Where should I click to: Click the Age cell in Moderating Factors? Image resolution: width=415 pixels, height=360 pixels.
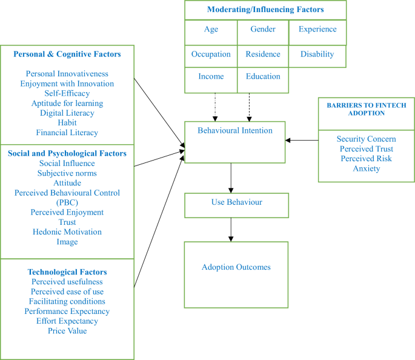click(211, 30)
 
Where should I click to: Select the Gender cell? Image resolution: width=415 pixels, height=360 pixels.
click(262, 30)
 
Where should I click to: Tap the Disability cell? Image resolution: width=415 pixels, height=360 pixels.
click(317, 54)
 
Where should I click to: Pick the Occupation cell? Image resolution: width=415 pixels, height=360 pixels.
click(211, 54)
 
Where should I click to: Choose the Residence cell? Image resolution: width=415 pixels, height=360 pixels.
click(262, 54)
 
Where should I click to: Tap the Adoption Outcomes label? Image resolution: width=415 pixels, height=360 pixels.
click(236, 267)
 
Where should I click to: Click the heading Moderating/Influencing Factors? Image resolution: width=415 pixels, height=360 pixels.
click(265, 10)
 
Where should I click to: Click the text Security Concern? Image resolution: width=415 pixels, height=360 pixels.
click(366, 139)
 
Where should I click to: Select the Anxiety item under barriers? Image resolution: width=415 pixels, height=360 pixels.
click(366, 168)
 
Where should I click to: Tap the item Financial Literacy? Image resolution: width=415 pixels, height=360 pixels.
click(67, 132)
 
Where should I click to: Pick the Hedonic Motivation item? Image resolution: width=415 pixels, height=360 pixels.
click(67, 232)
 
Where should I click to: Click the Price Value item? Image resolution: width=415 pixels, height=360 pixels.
click(67, 331)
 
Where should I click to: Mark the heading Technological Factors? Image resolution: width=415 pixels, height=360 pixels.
click(67, 272)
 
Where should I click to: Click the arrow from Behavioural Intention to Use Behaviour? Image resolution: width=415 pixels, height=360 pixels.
click(231, 178)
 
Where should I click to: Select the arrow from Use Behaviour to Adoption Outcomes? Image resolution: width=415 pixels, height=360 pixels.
click(231, 229)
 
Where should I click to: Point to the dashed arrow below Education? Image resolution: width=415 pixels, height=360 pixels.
click(249, 107)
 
